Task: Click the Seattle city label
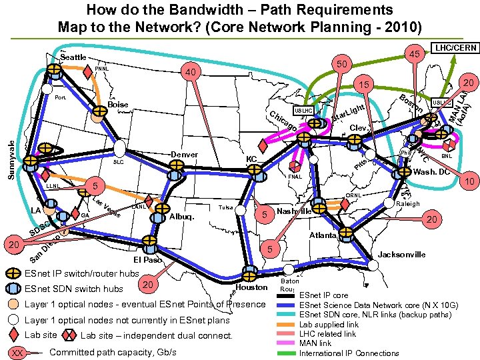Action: (x=74, y=57)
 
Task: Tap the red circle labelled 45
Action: (x=414, y=55)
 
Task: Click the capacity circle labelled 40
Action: (x=192, y=73)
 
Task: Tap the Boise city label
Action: (x=118, y=105)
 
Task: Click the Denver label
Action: (x=185, y=155)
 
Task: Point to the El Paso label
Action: (x=148, y=259)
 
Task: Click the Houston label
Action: (x=252, y=287)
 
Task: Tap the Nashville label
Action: (x=294, y=211)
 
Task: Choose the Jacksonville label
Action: (x=402, y=255)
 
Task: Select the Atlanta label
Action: (x=323, y=235)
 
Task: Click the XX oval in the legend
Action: (x=20, y=352)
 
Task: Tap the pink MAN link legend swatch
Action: (x=288, y=343)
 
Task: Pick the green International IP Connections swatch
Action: (x=288, y=353)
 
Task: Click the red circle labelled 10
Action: (x=469, y=181)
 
